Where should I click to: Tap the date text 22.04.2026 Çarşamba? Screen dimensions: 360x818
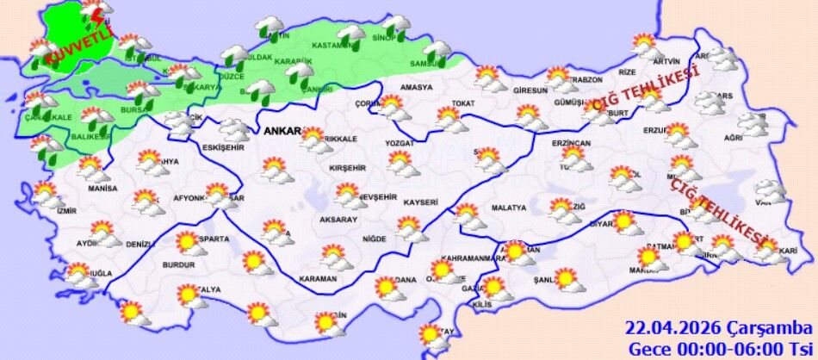pyautogui.click(x=718, y=329)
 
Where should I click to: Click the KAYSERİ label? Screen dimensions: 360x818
pyautogui.click(x=420, y=202)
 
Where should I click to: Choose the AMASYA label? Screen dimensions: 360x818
pyautogui.click(x=416, y=87)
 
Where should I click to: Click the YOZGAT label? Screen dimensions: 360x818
pyautogui.click(x=400, y=142)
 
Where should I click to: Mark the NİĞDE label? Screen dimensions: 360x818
pyautogui.click(x=374, y=239)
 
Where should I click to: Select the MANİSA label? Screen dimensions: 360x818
pyautogui.click(x=102, y=188)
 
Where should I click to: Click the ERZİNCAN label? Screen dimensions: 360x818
pyautogui.click(x=572, y=142)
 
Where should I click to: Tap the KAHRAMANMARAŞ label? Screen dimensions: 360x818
pyautogui.click(x=471, y=258)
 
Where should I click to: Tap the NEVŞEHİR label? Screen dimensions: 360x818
pyautogui.click(x=376, y=197)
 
